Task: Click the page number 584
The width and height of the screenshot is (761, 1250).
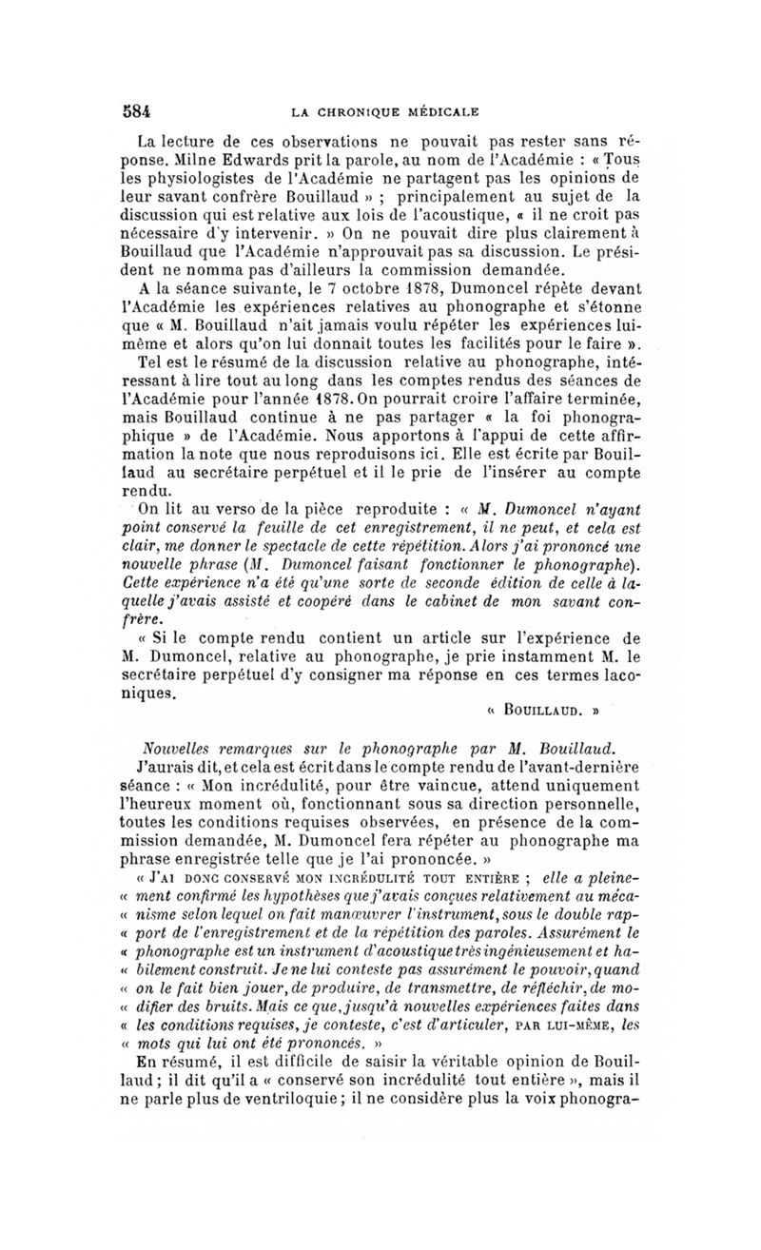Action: (137, 108)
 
